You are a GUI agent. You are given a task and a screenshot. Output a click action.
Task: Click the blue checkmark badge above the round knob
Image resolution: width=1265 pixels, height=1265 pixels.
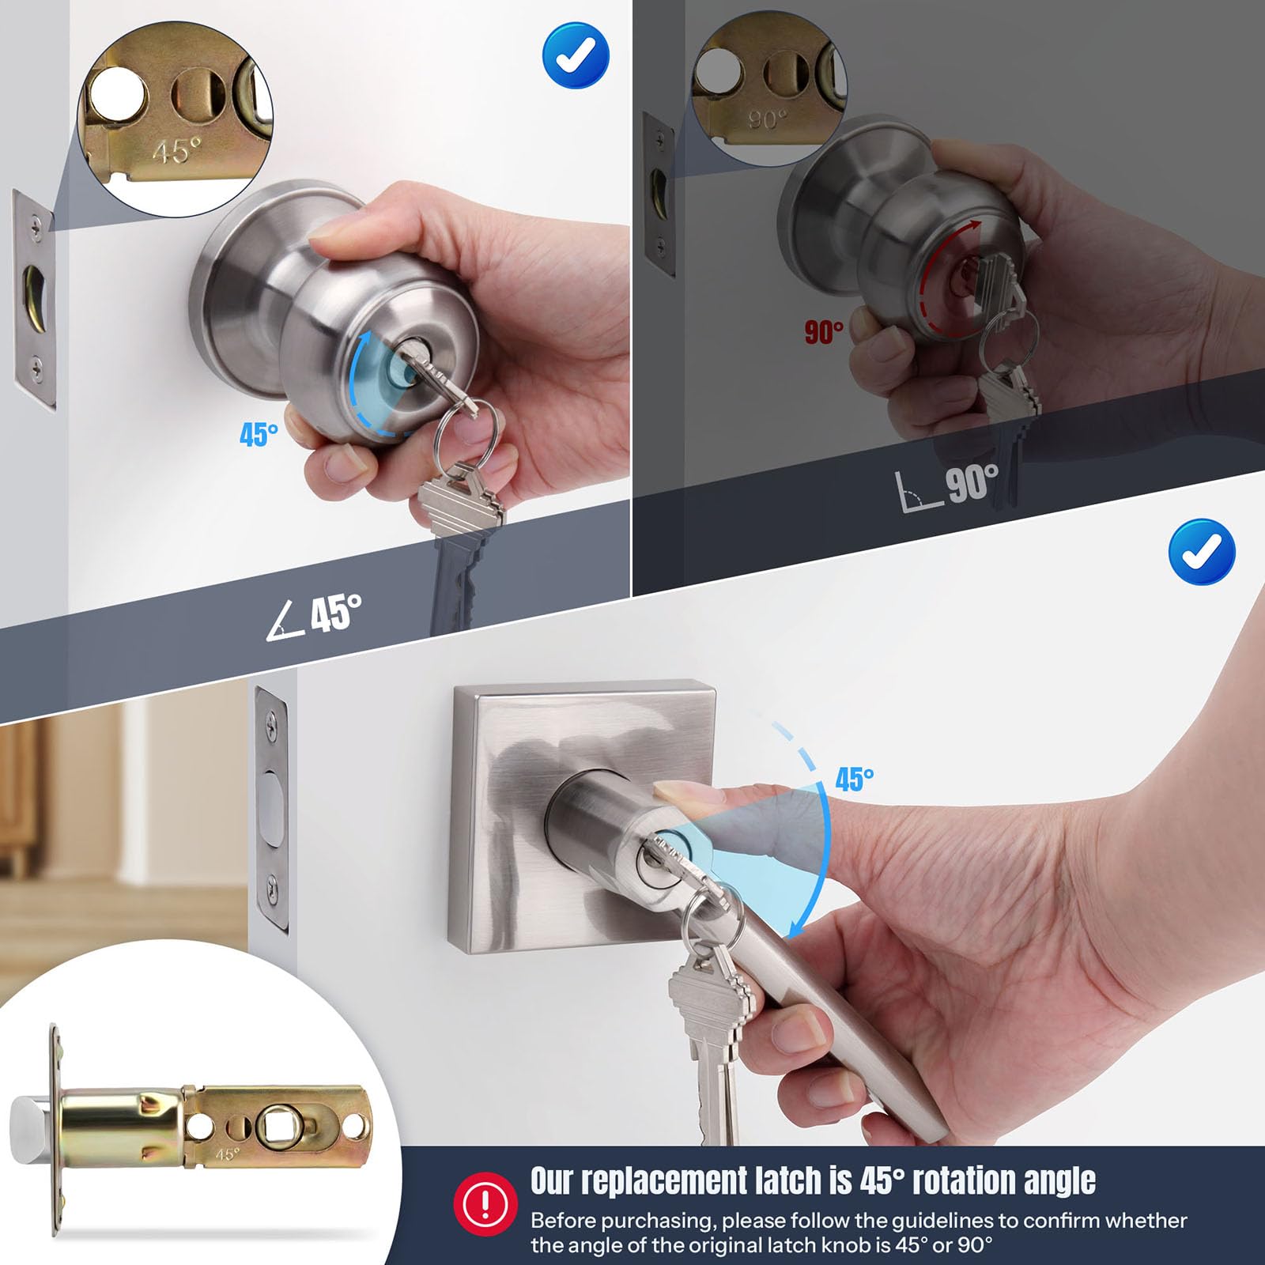pyautogui.click(x=576, y=55)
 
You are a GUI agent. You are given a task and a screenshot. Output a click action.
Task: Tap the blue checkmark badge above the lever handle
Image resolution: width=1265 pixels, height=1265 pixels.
pyautogui.click(x=1202, y=551)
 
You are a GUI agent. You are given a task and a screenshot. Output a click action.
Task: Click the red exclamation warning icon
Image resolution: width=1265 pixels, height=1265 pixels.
pyautogui.click(x=485, y=1204)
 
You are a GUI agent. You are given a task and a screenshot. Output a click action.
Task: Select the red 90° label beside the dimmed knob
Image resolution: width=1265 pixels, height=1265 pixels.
pyautogui.click(x=824, y=332)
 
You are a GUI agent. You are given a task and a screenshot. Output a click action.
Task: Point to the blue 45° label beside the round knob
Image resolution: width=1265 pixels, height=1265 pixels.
pyautogui.click(x=259, y=434)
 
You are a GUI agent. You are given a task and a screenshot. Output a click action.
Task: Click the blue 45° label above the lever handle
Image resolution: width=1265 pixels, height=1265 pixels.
pyautogui.click(x=855, y=780)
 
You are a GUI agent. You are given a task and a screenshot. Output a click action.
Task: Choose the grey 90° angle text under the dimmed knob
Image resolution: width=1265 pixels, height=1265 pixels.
pyautogui.click(x=947, y=485)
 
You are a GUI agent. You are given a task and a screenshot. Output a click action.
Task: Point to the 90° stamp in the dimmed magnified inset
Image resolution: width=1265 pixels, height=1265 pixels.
pyautogui.click(x=766, y=119)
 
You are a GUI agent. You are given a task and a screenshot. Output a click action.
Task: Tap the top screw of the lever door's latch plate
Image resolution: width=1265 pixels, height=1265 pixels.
pyautogui.click(x=273, y=719)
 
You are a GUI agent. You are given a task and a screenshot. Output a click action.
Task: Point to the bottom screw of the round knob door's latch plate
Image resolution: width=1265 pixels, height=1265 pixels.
pyautogui.click(x=36, y=366)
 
